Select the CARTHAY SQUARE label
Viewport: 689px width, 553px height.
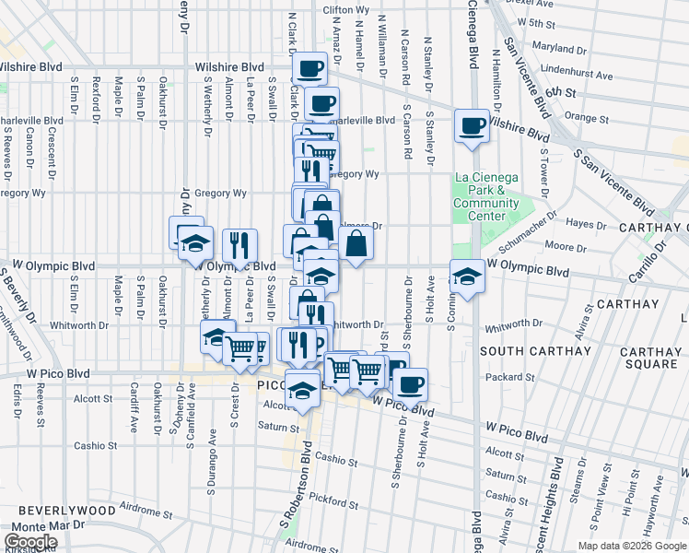point(650,358)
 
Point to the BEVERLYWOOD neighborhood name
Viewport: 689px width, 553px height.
point(68,510)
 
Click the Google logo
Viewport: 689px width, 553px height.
point(30,541)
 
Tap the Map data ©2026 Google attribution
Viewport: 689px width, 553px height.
point(632,546)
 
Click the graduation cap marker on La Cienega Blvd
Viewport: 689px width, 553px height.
point(467,276)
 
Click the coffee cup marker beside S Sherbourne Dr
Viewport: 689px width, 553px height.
point(410,382)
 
